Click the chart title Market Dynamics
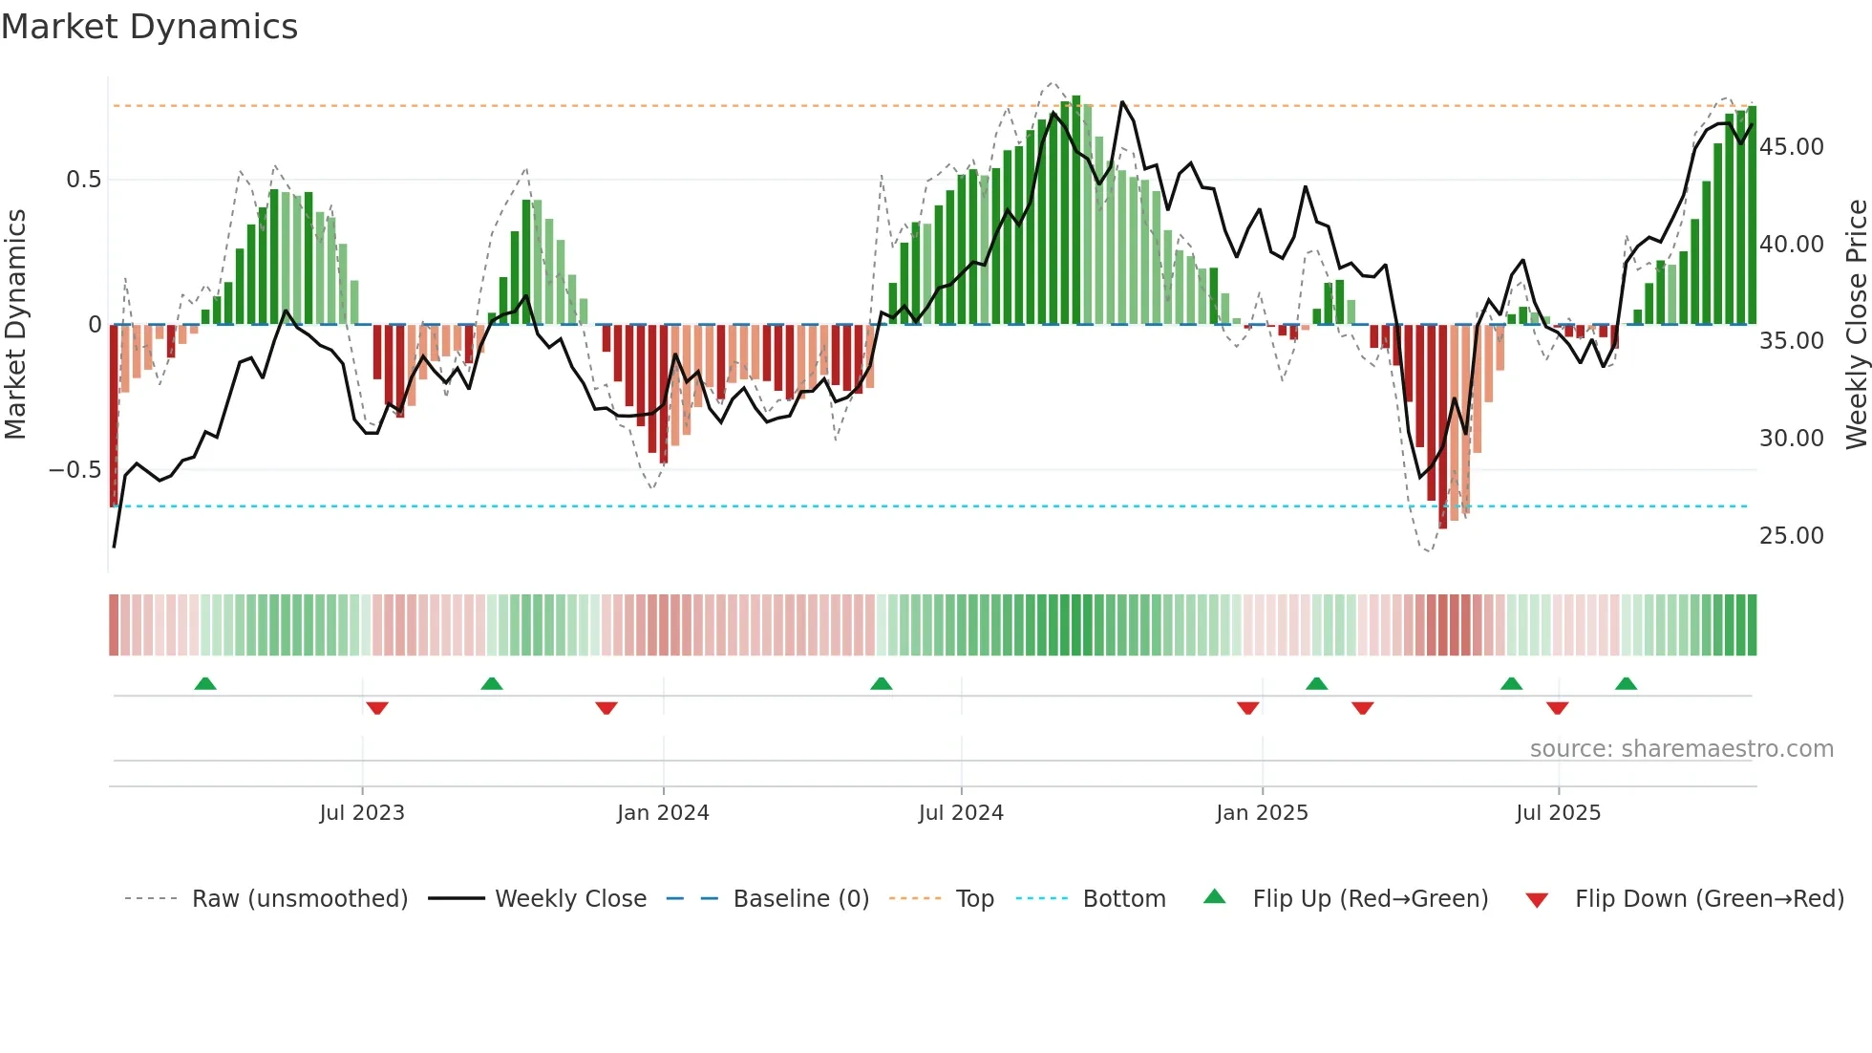(x=149, y=27)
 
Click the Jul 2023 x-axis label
(x=362, y=813)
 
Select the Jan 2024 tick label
(x=663, y=813)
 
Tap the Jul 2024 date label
(x=961, y=813)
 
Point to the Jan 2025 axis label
(x=1262, y=813)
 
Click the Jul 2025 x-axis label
(x=1558, y=813)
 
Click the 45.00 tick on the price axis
(x=1791, y=147)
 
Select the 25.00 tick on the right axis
(x=1791, y=536)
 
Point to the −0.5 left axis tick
(x=75, y=470)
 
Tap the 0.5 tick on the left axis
(x=83, y=180)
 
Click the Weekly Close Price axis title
(x=1856, y=325)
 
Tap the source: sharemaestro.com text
(x=1681, y=749)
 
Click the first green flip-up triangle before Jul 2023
(x=205, y=683)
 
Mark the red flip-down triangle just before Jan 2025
(x=1247, y=708)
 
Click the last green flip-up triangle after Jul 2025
(x=1626, y=683)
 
